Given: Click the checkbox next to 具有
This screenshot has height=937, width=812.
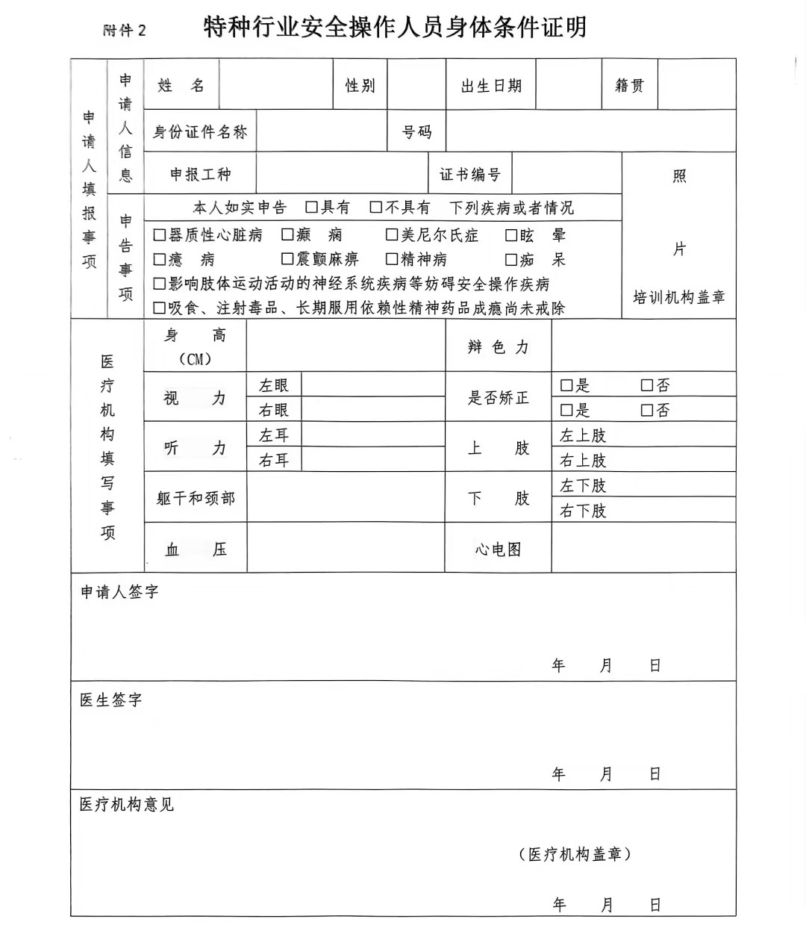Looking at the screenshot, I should coord(312,207).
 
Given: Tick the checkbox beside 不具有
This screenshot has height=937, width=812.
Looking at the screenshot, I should coord(376,207).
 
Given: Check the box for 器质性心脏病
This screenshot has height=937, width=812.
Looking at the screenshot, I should coord(159,235).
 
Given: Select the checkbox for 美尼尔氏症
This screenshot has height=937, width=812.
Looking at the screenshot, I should coord(392,235).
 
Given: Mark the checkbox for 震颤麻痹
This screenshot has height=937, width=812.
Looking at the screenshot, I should coord(287,259).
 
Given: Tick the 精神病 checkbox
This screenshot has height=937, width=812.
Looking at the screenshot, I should coord(392,259).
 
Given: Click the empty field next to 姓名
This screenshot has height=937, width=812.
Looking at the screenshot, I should coord(276,85).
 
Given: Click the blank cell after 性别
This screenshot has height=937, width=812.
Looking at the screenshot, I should coord(416,85).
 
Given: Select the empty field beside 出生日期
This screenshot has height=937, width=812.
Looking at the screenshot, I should coord(568,85).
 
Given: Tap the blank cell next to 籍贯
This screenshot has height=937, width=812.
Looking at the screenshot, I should coord(696,85).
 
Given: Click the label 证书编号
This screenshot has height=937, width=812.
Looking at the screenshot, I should coord(470,175).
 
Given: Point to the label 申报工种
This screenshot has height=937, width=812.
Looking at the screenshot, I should coord(200,175).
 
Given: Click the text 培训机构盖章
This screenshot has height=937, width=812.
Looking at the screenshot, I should coord(679,297).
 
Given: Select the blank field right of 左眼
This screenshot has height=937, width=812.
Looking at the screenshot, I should coord(373,385).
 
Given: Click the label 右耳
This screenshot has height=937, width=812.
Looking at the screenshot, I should coord(274,460).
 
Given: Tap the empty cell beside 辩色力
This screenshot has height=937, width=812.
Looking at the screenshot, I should coord(643,346).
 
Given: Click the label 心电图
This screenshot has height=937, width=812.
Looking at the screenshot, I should coord(498,550).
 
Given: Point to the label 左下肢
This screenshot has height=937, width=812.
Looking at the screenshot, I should coord(583,485).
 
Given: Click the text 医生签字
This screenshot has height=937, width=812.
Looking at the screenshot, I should coord(111,700).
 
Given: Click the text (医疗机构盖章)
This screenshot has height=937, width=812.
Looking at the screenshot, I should coord(575,854).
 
